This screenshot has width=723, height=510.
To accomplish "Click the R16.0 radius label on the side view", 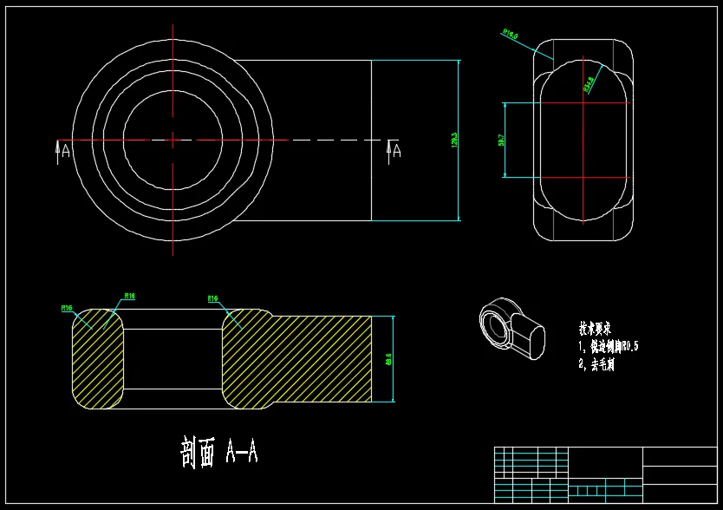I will click(510, 35).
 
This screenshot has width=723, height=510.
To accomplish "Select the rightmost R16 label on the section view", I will click(212, 298).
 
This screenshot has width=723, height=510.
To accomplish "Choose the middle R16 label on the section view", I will click(129, 297).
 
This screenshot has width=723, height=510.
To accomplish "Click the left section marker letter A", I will click(64, 152).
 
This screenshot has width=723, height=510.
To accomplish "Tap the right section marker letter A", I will click(394, 152).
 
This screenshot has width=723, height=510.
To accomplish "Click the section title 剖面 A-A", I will click(218, 453).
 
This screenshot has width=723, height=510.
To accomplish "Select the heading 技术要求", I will click(596, 329).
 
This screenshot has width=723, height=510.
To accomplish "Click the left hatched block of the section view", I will click(95, 357).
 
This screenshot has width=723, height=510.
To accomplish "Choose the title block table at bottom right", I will click(605, 474).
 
